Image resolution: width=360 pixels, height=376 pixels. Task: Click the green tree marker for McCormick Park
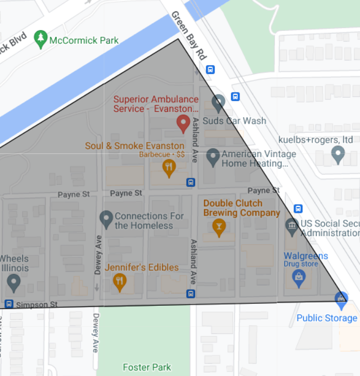(x=41, y=39)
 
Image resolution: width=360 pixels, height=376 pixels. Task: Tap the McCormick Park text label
(x=84, y=41)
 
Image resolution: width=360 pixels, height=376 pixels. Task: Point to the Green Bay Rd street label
(x=189, y=35)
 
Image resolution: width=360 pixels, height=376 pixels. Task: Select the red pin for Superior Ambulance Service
(x=183, y=124)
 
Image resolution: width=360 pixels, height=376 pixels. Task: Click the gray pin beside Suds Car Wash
(x=218, y=102)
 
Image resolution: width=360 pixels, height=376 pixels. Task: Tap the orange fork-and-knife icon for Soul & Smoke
(x=169, y=167)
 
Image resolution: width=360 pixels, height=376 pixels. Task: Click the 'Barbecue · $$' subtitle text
(x=162, y=155)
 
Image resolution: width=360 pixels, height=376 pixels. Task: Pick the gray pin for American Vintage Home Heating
(x=213, y=157)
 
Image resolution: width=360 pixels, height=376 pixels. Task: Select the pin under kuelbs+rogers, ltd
(x=338, y=155)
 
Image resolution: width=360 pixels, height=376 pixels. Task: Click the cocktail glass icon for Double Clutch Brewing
(x=219, y=227)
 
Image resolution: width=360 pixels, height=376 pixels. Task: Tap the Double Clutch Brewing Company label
(x=242, y=208)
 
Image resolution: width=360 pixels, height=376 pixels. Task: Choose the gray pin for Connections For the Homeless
(x=106, y=219)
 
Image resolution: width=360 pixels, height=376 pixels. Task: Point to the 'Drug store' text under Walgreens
(x=302, y=264)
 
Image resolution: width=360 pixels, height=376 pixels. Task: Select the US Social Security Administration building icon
(x=291, y=226)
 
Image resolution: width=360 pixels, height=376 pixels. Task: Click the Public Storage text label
(x=326, y=318)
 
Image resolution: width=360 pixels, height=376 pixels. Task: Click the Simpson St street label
(x=37, y=305)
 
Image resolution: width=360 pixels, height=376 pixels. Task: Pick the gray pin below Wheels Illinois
(x=14, y=281)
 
